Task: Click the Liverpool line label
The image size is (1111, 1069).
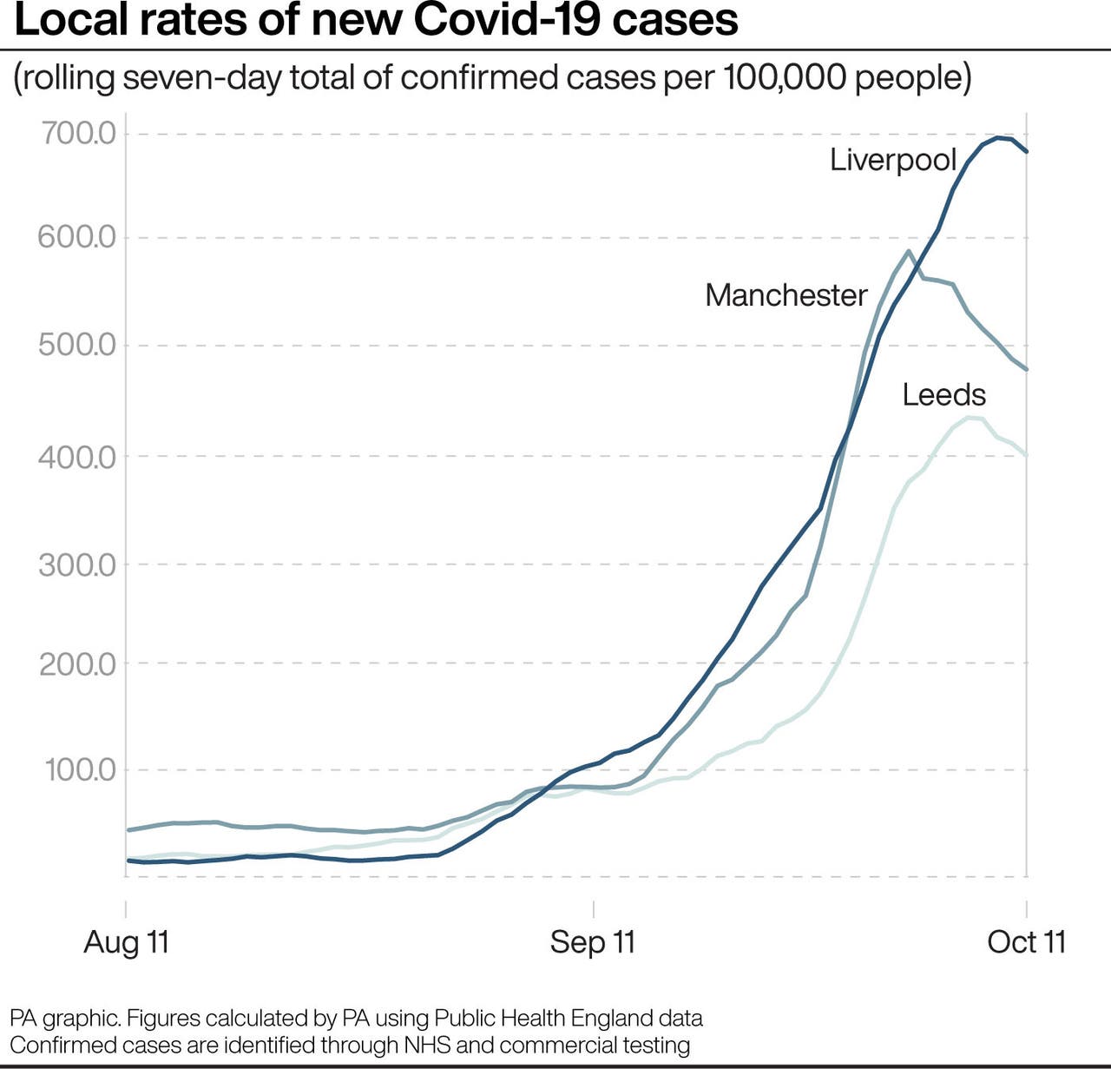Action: (892, 160)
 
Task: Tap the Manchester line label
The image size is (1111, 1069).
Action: (786, 295)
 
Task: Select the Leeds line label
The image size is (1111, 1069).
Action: (943, 395)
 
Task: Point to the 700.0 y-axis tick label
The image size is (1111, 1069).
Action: (78, 134)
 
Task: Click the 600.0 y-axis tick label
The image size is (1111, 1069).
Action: (76, 237)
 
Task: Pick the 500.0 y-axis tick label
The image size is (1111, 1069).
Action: (76, 345)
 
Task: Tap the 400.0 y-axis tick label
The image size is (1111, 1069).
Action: (76, 456)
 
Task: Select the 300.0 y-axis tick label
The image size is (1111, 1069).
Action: (76, 564)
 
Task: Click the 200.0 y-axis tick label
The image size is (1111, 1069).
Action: (76, 664)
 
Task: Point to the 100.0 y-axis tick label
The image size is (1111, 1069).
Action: (80, 769)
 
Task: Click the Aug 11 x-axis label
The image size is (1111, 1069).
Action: (126, 942)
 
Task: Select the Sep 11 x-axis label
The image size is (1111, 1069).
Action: (593, 942)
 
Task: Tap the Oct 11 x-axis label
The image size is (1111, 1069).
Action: (1026, 942)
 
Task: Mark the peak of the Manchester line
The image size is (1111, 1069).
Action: (908, 251)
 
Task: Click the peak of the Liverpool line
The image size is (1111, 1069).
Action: (997, 137)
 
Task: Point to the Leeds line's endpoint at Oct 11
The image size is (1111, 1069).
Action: (1027, 455)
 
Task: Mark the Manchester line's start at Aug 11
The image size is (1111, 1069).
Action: (128, 830)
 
